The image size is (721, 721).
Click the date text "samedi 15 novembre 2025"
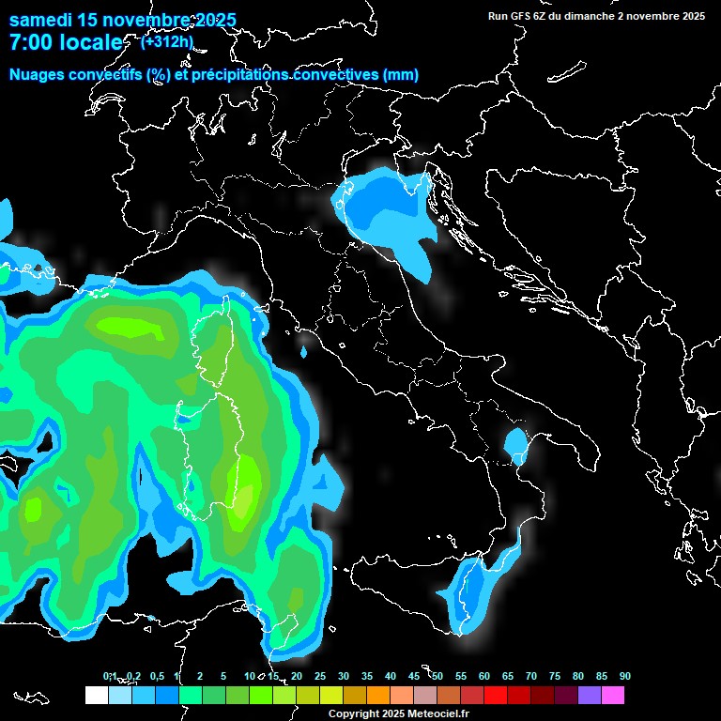[122, 20]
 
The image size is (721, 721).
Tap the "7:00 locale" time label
[65, 42]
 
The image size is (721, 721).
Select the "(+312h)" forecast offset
[168, 41]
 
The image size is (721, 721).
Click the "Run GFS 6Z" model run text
[518, 16]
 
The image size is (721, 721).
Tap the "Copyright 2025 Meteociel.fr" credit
[397, 713]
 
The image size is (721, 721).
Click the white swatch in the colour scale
[96, 695]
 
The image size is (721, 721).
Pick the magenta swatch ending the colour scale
[613, 695]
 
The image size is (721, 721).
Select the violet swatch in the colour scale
[590, 695]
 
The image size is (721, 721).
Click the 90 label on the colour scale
[624, 676]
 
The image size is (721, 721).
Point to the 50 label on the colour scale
[437, 676]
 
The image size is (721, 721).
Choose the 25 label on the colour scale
[320, 676]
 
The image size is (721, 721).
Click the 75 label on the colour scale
[555, 676]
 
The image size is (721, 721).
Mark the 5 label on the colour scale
[223, 676]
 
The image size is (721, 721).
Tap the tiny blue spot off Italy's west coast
[303, 353]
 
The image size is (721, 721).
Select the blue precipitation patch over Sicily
[479, 592]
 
